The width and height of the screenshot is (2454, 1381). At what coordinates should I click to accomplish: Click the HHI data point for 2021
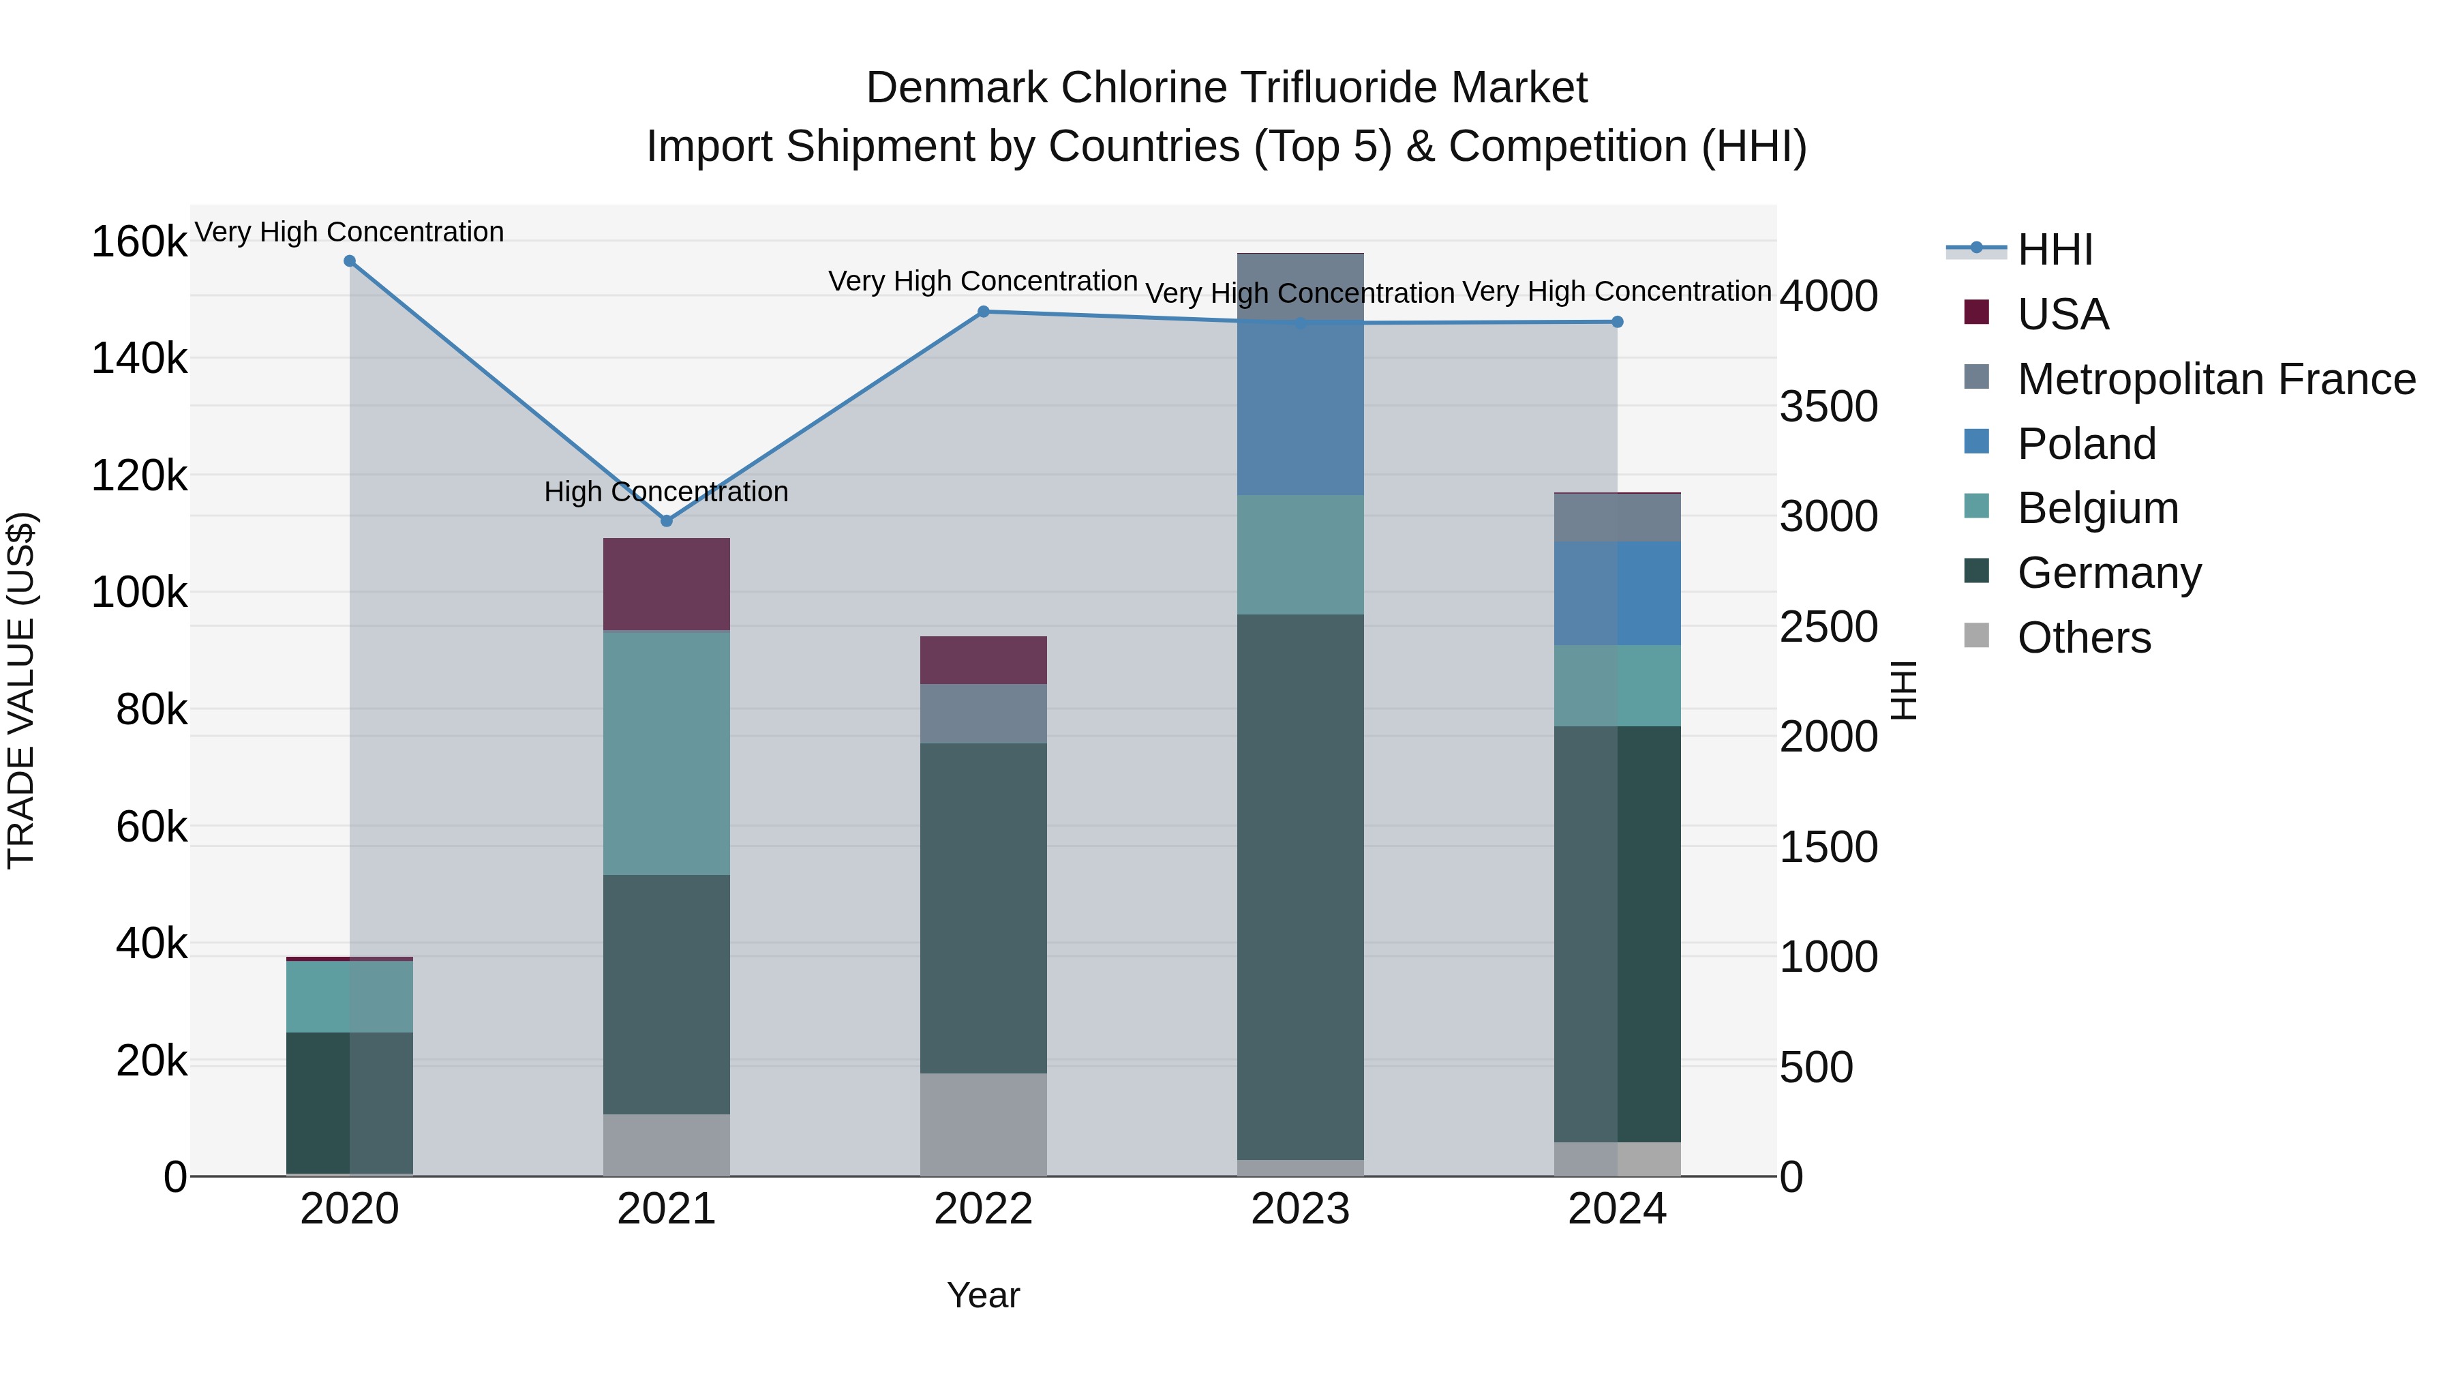pyautogui.click(x=667, y=520)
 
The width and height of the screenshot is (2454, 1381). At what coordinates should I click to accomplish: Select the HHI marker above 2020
pyautogui.click(x=350, y=261)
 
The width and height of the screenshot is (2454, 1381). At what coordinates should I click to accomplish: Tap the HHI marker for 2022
pyautogui.click(x=984, y=312)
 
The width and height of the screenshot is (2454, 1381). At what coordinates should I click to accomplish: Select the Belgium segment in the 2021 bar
pyautogui.click(x=667, y=753)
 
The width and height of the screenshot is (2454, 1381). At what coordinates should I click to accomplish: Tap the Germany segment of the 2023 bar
pyautogui.click(x=1301, y=887)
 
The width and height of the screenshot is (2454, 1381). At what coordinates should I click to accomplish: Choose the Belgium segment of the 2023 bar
pyautogui.click(x=1301, y=554)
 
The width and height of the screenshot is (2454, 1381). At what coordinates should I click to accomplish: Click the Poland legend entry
pyautogui.click(x=2087, y=444)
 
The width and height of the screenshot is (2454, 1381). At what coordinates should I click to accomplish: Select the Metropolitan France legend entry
pyautogui.click(x=2216, y=379)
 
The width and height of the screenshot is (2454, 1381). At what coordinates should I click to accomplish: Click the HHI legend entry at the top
pyautogui.click(x=2055, y=250)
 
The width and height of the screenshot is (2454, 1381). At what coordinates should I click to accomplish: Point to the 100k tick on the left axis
pyautogui.click(x=139, y=593)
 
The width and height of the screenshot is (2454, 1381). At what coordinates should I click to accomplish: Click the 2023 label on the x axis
pyautogui.click(x=1301, y=1209)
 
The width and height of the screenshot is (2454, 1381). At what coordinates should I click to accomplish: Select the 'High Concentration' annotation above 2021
pyautogui.click(x=666, y=492)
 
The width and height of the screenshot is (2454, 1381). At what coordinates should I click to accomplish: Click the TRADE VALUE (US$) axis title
pyautogui.click(x=21, y=690)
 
